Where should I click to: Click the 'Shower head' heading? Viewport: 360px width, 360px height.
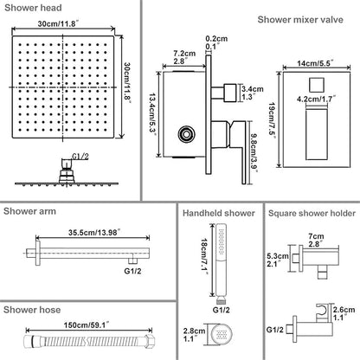pyautogui.click(x=33, y=8)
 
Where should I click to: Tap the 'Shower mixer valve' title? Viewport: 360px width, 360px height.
pyautogui.click(x=300, y=20)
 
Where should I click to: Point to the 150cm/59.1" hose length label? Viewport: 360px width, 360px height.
pyautogui.click(x=87, y=325)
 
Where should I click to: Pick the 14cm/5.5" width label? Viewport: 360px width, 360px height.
pyautogui.click(x=315, y=63)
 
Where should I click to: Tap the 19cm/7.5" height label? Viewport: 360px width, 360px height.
pyautogui.click(x=273, y=120)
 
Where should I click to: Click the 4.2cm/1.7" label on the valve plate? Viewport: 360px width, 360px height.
pyautogui.click(x=316, y=100)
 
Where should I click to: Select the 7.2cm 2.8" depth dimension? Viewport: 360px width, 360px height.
pyautogui.click(x=184, y=57)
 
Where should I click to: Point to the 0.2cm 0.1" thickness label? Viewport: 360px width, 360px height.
pyautogui.click(x=216, y=42)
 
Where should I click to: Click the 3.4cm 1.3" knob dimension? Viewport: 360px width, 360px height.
pyautogui.click(x=253, y=93)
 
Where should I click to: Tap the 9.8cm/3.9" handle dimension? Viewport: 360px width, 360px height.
pyautogui.click(x=254, y=153)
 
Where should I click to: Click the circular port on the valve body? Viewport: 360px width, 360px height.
pyautogui.click(x=186, y=134)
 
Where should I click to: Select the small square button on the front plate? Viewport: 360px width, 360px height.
pyautogui.click(x=316, y=85)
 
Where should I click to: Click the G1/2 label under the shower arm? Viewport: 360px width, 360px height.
pyautogui.click(x=132, y=271)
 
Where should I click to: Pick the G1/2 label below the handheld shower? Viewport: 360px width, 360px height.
pyautogui.click(x=222, y=310)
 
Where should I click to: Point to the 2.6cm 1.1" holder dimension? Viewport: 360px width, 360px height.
pyautogui.click(x=344, y=313)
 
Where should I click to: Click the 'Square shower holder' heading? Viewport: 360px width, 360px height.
pyautogui.click(x=312, y=214)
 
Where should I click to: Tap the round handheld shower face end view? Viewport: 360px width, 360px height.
pyautogui.click(x=222, y=334)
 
